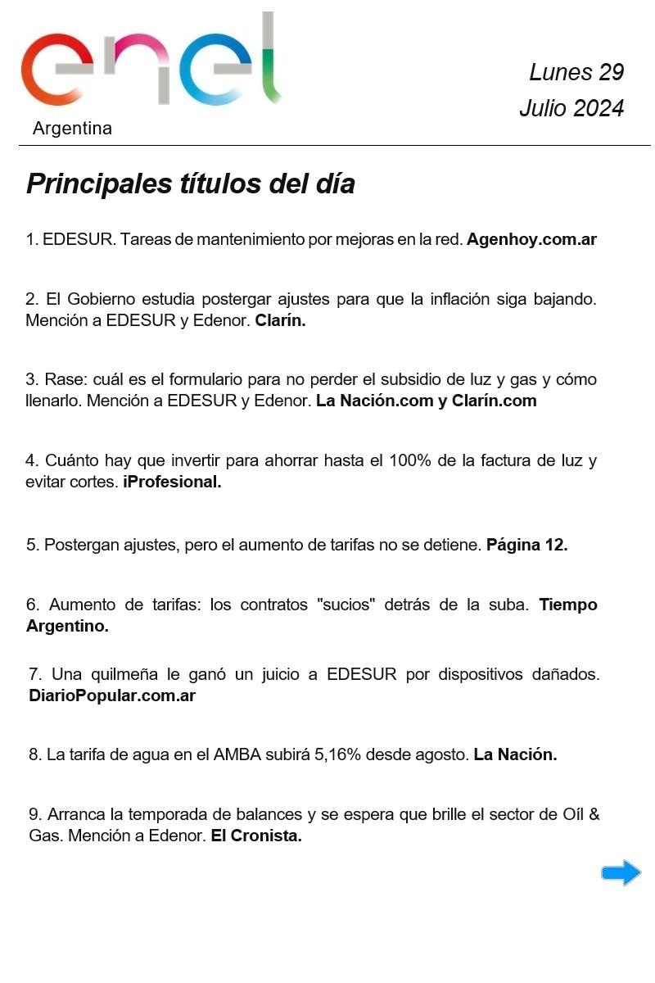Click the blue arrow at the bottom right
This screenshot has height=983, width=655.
tap(621, 873)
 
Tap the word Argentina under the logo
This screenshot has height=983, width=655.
tap(72, 129)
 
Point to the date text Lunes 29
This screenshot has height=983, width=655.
tap(576, 72)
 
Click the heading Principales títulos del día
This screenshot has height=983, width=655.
tap(191, 183)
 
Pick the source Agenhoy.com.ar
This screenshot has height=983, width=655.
tap(531, 240)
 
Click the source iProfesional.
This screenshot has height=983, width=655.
tap(172, 482)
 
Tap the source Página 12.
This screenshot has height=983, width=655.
tap(526, 545)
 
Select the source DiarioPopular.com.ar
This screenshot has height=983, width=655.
tap(112, 696)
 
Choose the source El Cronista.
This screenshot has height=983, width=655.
tap(256, 837)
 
